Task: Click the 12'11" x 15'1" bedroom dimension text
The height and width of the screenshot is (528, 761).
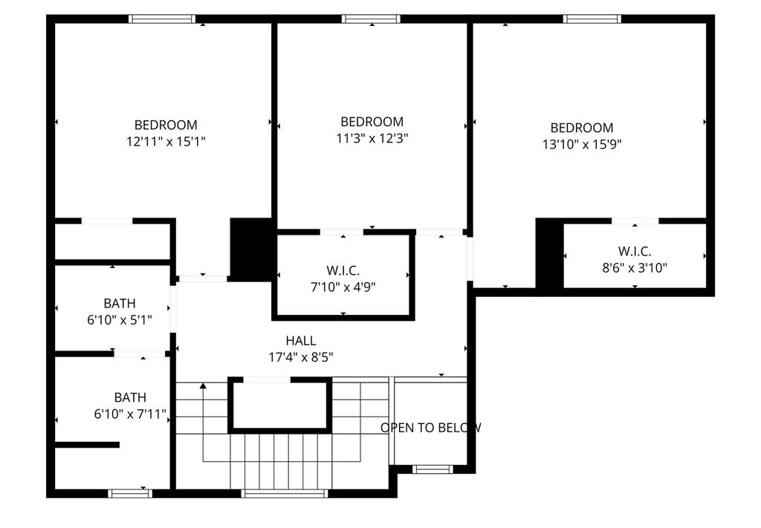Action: point(166,142)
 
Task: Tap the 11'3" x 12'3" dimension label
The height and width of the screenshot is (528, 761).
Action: point(372,139)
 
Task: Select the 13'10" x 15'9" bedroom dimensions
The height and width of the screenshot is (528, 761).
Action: point(582,145)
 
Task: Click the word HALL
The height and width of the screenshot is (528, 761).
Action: point(301,341)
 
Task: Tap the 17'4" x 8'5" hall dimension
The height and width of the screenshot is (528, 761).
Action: point(301,358)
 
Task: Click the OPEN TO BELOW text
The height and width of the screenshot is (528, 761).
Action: point(431,428)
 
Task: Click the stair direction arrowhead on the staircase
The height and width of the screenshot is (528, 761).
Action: point(203,385)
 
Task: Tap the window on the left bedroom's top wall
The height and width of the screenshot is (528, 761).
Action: point(162,19)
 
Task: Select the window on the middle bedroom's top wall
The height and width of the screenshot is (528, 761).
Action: point(372,19)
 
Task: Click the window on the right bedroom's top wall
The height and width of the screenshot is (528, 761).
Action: point(592,19)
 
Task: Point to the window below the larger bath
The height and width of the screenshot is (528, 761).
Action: point(130,494)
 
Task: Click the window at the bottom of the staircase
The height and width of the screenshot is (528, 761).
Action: point(285,494)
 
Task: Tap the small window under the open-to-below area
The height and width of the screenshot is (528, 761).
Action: point(433,469)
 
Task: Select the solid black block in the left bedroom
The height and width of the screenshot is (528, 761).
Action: point(250,250)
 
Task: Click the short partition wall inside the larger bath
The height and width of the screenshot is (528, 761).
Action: point(88,445)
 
